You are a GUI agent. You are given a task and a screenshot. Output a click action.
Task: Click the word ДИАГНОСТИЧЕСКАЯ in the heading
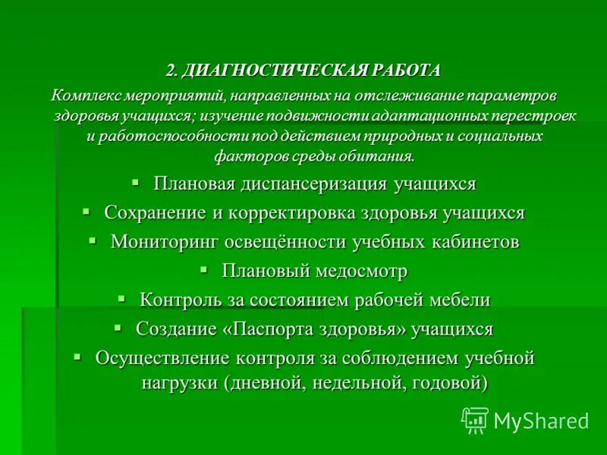coord(275,71)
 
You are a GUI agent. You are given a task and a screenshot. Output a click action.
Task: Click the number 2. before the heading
coord(173,71)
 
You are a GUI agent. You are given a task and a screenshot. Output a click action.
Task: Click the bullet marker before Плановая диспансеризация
coord(135,183)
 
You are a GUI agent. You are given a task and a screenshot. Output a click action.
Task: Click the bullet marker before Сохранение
coord(86,212)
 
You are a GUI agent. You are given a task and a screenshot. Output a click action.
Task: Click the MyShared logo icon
coord(474,419)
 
